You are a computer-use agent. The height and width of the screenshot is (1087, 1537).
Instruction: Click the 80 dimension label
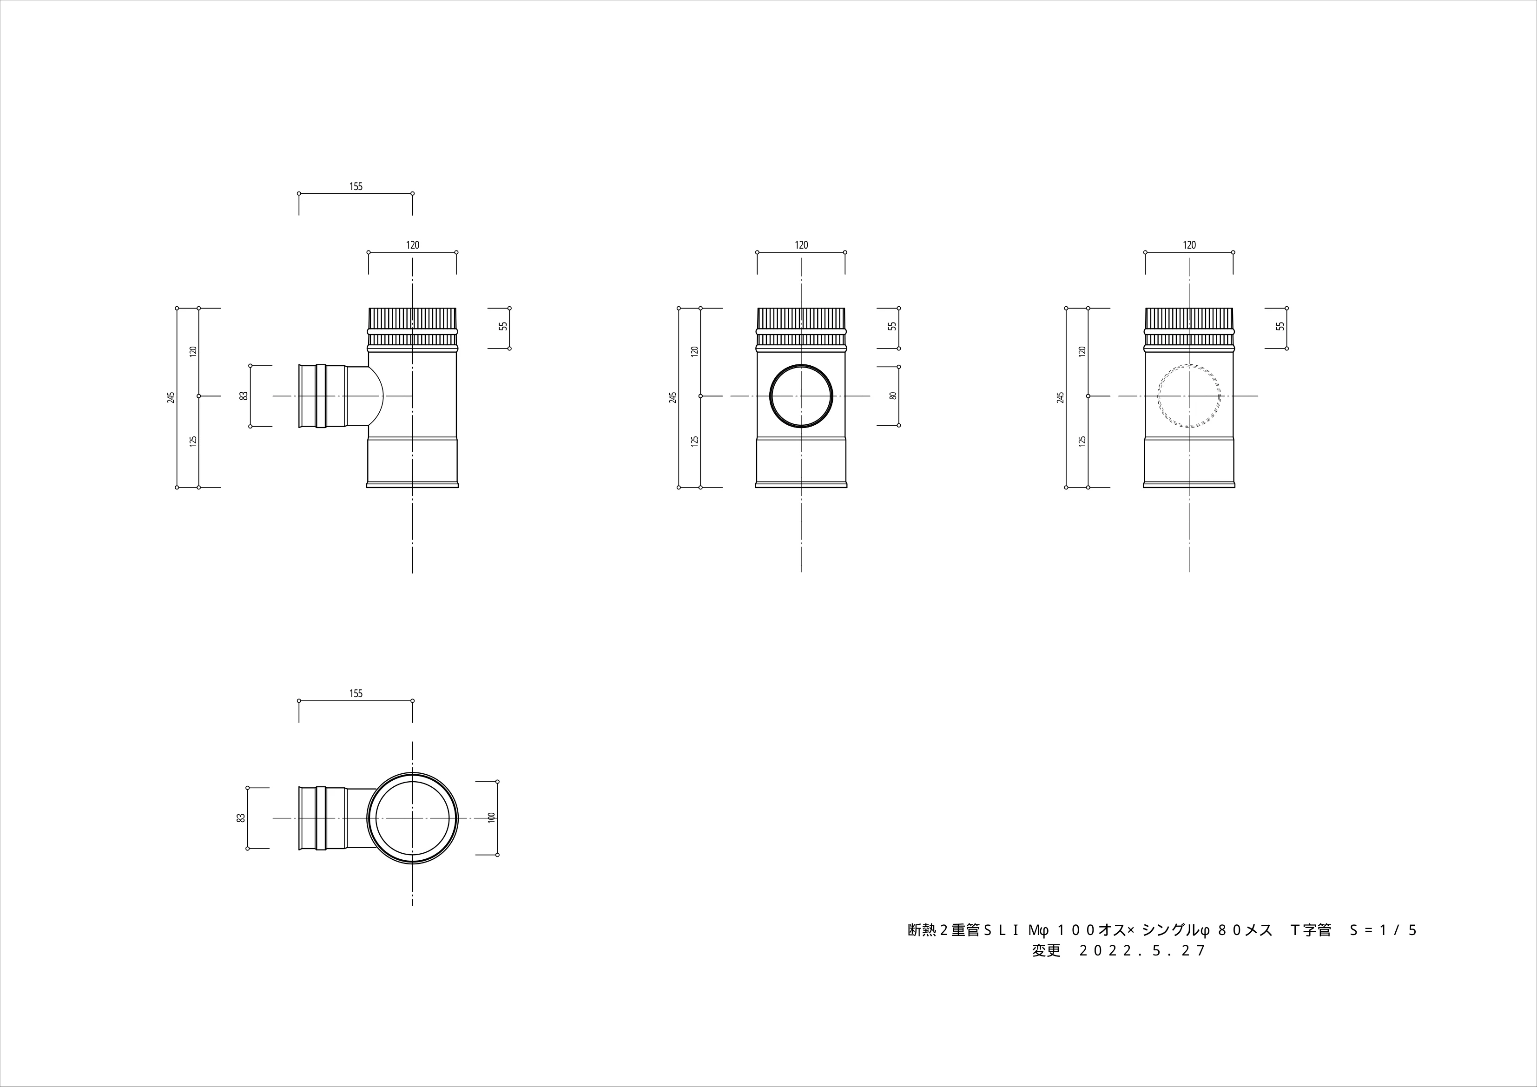pos(892,395)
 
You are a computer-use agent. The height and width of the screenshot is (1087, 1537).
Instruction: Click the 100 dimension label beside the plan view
pos(491,817)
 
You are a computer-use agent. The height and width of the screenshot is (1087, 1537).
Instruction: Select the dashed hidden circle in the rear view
pos(1189,395)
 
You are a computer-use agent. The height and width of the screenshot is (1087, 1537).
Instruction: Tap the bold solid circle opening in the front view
pos(801,395)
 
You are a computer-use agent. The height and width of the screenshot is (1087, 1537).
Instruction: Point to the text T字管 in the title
pos(1311,930)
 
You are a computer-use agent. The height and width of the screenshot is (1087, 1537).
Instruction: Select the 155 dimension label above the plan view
pos(356,693)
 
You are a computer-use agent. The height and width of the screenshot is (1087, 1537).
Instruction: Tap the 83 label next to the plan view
pos(241,817)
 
